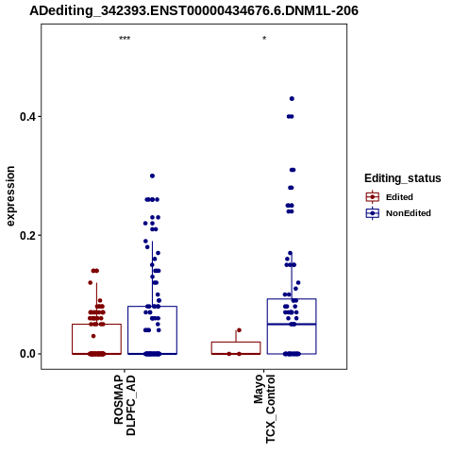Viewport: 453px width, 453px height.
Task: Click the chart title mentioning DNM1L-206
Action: coord(193,11)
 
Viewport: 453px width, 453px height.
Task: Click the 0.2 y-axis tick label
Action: coord(26,235)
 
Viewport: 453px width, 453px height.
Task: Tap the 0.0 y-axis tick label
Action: coord(26,354)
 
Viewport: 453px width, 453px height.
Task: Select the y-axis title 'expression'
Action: coord(10,196)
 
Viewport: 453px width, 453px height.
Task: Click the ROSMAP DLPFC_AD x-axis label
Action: coord(125,405)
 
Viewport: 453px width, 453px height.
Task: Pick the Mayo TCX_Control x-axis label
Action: coord(264,409)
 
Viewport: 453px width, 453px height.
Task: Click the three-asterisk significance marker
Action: coord(125,39)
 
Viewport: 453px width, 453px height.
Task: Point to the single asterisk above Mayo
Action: coord(264,39)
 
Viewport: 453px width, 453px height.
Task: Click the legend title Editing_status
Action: coord(403,178)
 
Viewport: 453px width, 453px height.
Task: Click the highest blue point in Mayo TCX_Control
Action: coord(292,99)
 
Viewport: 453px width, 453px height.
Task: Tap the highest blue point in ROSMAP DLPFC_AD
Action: coord(152,176)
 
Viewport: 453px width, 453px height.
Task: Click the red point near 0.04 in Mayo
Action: coord(239,330)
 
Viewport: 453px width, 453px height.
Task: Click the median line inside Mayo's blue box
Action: coord(292,324)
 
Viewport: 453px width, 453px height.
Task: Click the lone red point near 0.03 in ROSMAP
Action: coord(93,336)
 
